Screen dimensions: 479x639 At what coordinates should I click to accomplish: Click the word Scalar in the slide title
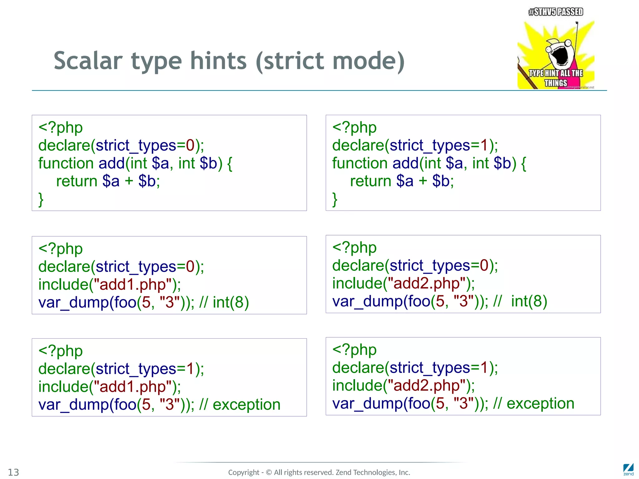88,61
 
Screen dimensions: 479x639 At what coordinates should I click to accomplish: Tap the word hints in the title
218,61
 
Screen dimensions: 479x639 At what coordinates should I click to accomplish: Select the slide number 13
13,472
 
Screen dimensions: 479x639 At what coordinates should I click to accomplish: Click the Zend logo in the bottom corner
628,469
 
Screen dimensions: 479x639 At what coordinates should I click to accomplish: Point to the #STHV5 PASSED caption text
556,12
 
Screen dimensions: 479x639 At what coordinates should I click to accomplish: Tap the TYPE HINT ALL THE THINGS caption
556,78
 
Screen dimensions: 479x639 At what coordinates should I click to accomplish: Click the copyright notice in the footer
319,472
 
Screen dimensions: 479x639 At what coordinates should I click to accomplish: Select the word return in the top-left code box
77,181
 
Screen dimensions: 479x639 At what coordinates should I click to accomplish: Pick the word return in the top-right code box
371,181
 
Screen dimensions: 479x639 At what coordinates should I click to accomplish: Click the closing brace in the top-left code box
41,200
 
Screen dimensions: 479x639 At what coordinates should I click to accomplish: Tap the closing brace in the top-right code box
335,200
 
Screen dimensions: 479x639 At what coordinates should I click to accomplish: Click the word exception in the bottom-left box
246,405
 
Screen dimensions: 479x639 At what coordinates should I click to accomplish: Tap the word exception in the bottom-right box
540,404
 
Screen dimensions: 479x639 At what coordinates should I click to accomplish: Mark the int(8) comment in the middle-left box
231,302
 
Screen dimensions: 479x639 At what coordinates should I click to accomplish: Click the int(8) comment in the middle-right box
529,301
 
